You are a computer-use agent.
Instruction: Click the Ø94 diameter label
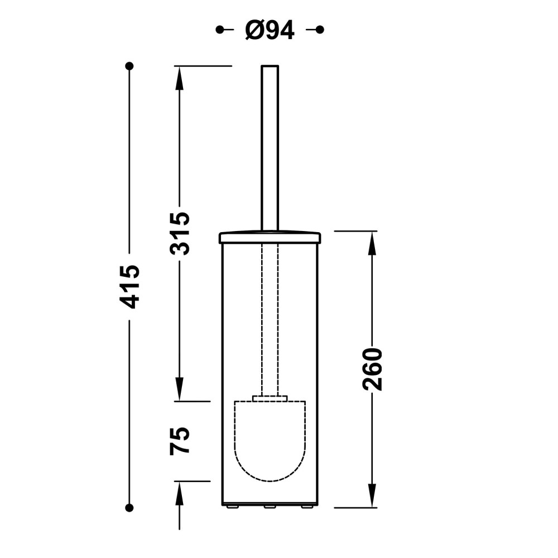[x=270, y=30]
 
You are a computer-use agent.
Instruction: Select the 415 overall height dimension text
[x=129, y=286]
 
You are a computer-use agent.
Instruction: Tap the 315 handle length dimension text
[x=179, y=233]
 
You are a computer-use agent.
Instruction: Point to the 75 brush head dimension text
[x=179, y=441]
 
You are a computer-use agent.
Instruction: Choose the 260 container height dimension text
[x=372, y=369]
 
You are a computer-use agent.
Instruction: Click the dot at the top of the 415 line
[x=129, y=66]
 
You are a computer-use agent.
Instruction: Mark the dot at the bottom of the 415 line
[x=129, y=508]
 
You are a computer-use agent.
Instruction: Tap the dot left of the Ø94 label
[x=220, y=30]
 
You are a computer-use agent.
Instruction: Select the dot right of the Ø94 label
[x=320, y=30]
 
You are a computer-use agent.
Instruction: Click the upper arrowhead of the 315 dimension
[x=179, y=78]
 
